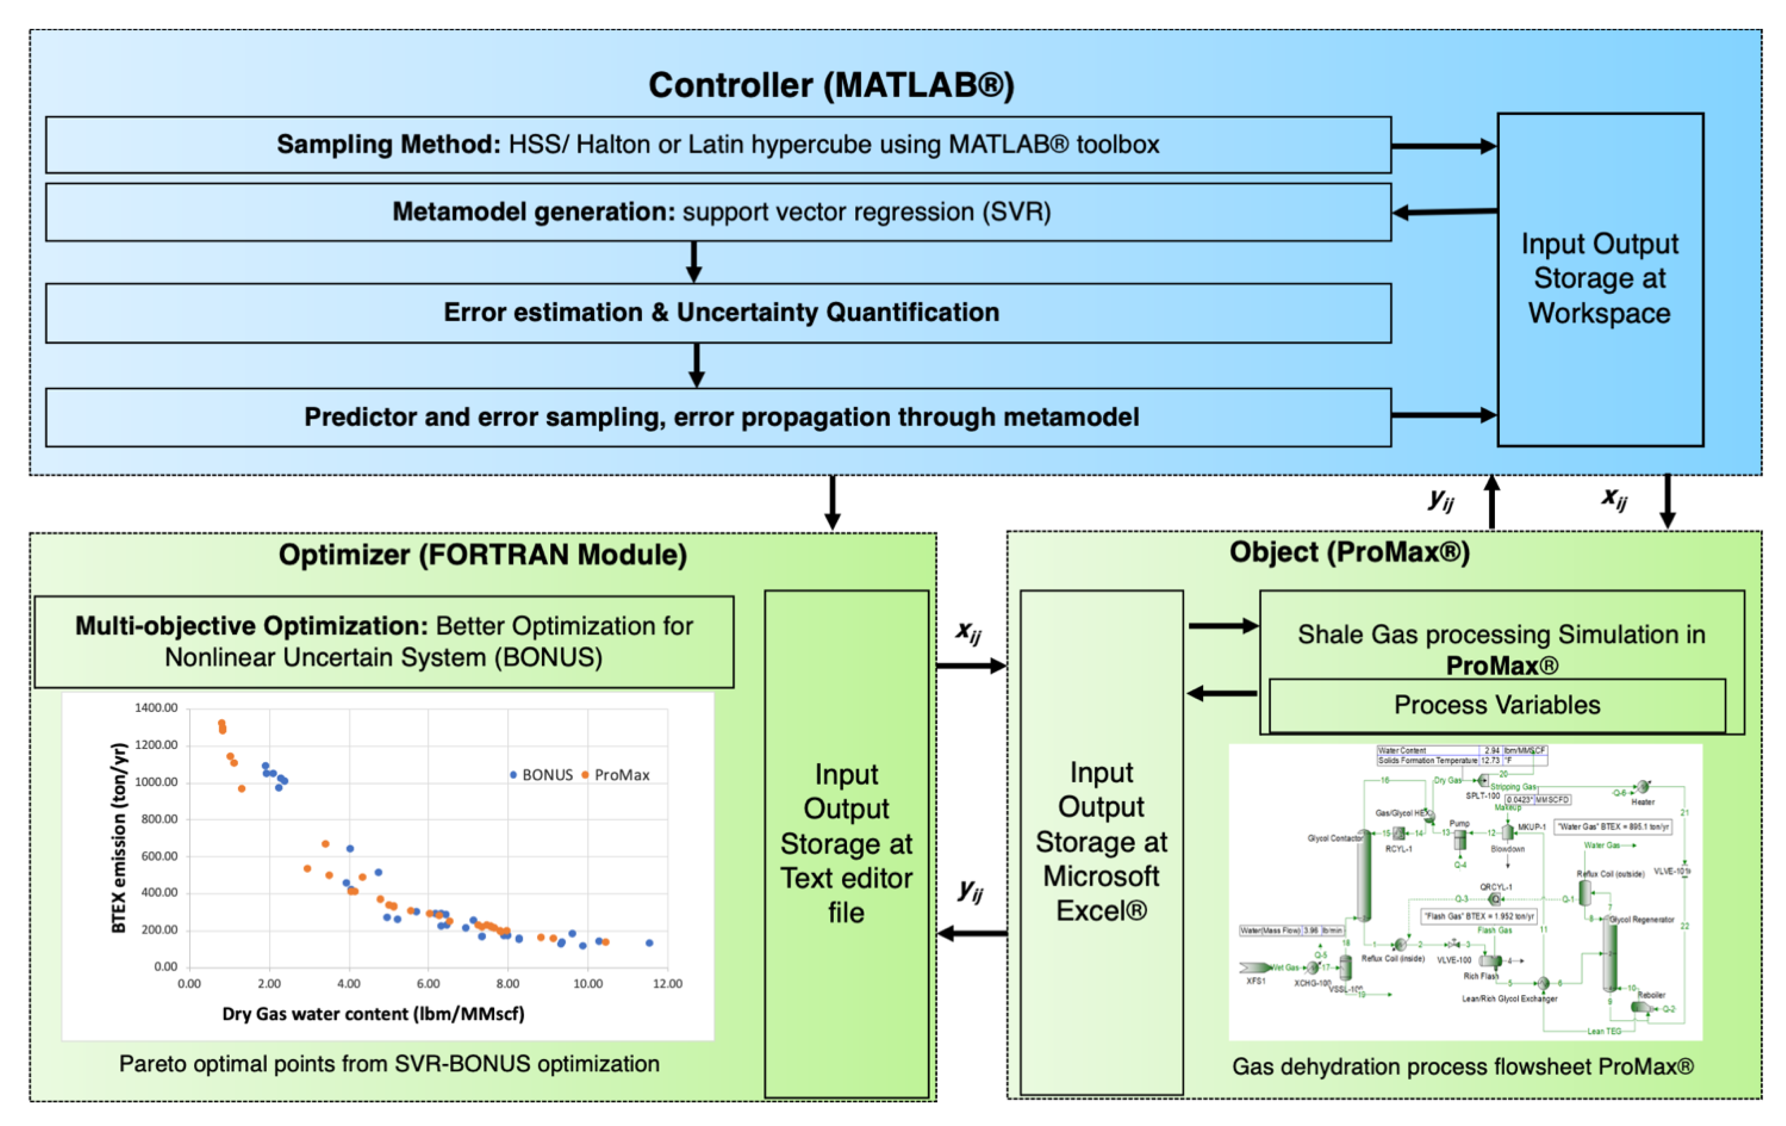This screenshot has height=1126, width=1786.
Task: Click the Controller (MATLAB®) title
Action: coord(831,85)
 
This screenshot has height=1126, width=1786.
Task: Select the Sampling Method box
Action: coord(718,145)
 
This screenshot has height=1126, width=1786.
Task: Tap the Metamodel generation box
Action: coord(718,212)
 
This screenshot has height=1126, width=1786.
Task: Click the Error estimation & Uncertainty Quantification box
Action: coord(718,312)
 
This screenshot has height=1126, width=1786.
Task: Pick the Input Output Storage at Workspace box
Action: coord(1600,279)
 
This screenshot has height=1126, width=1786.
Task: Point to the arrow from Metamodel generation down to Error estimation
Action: coord(694,261)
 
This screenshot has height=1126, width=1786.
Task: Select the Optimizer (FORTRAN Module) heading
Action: coord(483,555)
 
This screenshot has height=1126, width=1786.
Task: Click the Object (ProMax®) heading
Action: coord(1349,552)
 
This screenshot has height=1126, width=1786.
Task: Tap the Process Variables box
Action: coord(1497,705)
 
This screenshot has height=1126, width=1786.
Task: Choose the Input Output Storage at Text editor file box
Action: coord(846,843)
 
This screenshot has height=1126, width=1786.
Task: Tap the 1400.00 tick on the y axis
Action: coord(156,708)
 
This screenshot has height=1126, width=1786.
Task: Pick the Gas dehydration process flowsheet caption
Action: coord(1463,1067)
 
